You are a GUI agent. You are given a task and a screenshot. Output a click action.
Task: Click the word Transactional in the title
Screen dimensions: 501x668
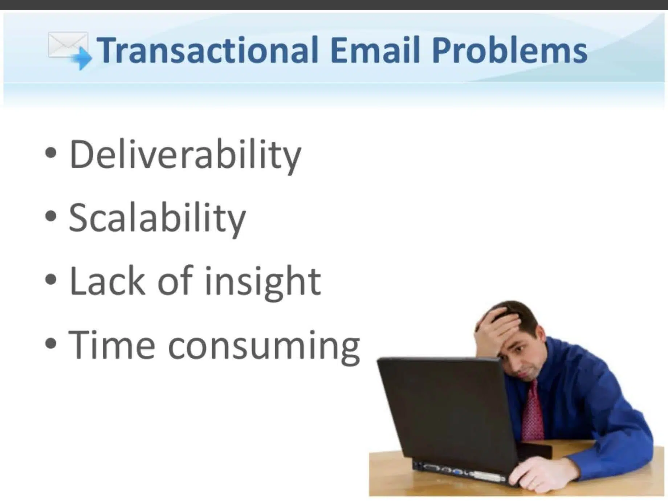click(207, 50)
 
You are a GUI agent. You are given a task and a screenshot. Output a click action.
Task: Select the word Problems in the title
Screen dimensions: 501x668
click(509, 51)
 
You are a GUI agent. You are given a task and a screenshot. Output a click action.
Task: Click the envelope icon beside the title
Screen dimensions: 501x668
click(67, 45)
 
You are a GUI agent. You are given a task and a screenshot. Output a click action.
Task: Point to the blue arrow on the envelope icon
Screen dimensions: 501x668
click(82, 58)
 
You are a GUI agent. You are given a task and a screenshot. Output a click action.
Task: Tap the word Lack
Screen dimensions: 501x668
click(107, 281)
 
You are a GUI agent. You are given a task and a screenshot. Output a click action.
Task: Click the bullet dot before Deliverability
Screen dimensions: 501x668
click(51, 153)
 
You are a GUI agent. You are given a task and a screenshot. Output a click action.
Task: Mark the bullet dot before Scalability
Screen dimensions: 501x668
click(51, 216)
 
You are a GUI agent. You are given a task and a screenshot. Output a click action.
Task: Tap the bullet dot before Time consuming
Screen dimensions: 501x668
click(51, 343)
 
